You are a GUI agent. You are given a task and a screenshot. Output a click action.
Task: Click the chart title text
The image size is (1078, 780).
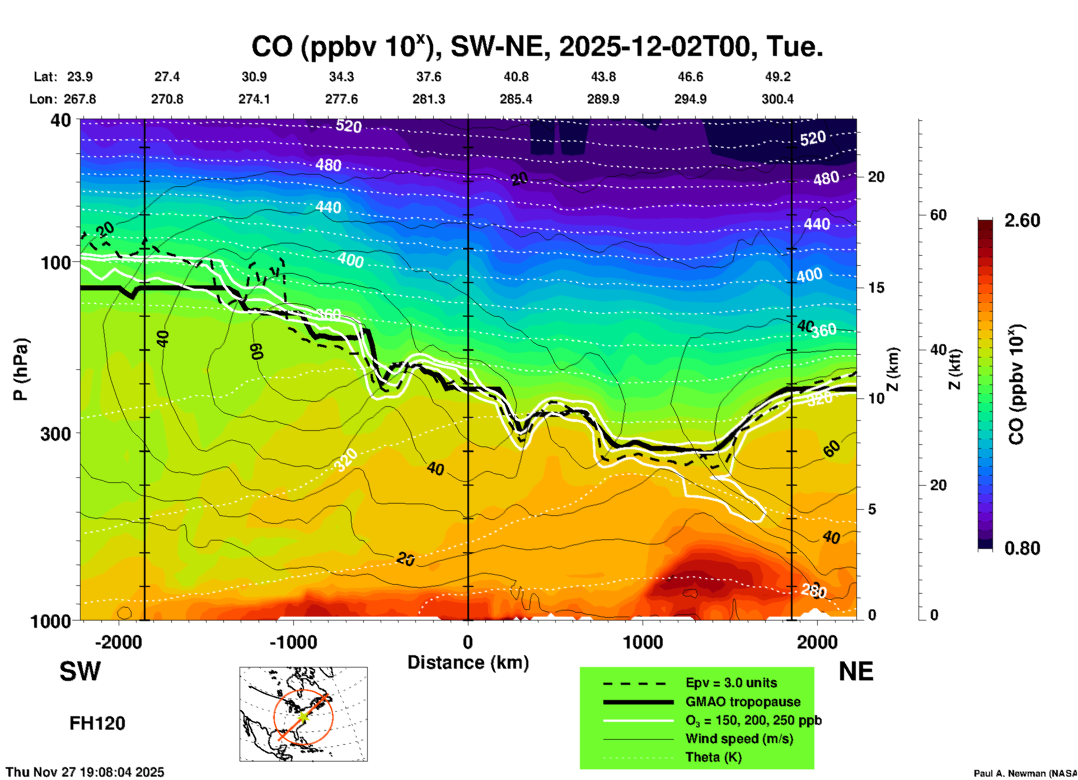point(537,47)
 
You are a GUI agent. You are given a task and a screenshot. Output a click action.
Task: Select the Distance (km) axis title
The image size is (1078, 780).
point(468,662)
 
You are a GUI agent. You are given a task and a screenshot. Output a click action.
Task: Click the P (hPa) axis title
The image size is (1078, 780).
point(21,369)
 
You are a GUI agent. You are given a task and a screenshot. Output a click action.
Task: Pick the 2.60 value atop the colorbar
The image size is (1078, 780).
point(1022,220)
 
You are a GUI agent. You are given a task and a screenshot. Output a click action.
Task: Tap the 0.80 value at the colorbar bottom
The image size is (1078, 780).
point(1022,548)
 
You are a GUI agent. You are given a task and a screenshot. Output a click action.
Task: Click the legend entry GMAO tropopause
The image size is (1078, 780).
point(743,702)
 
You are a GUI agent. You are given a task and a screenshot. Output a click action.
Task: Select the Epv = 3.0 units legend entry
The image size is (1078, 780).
point(731,683)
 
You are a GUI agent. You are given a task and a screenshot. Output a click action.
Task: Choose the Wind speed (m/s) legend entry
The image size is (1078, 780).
point(739,739)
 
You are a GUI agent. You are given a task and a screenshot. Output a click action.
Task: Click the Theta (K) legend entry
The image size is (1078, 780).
point(714,757)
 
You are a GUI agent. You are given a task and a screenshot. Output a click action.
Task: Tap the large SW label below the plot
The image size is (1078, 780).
point(80,671)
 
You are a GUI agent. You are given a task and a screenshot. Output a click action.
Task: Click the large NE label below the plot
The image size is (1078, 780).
point(856,671)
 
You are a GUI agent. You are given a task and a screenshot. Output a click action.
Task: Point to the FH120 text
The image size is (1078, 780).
point(97,723)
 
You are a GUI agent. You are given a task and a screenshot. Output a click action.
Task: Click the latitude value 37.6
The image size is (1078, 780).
point(429,77)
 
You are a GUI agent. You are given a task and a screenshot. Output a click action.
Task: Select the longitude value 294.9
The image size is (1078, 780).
point(690,99)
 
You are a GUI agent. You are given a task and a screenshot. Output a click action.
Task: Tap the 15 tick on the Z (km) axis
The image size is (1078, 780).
point(876,288)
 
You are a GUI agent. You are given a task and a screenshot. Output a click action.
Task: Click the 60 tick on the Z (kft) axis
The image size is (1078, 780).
point(938,215)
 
